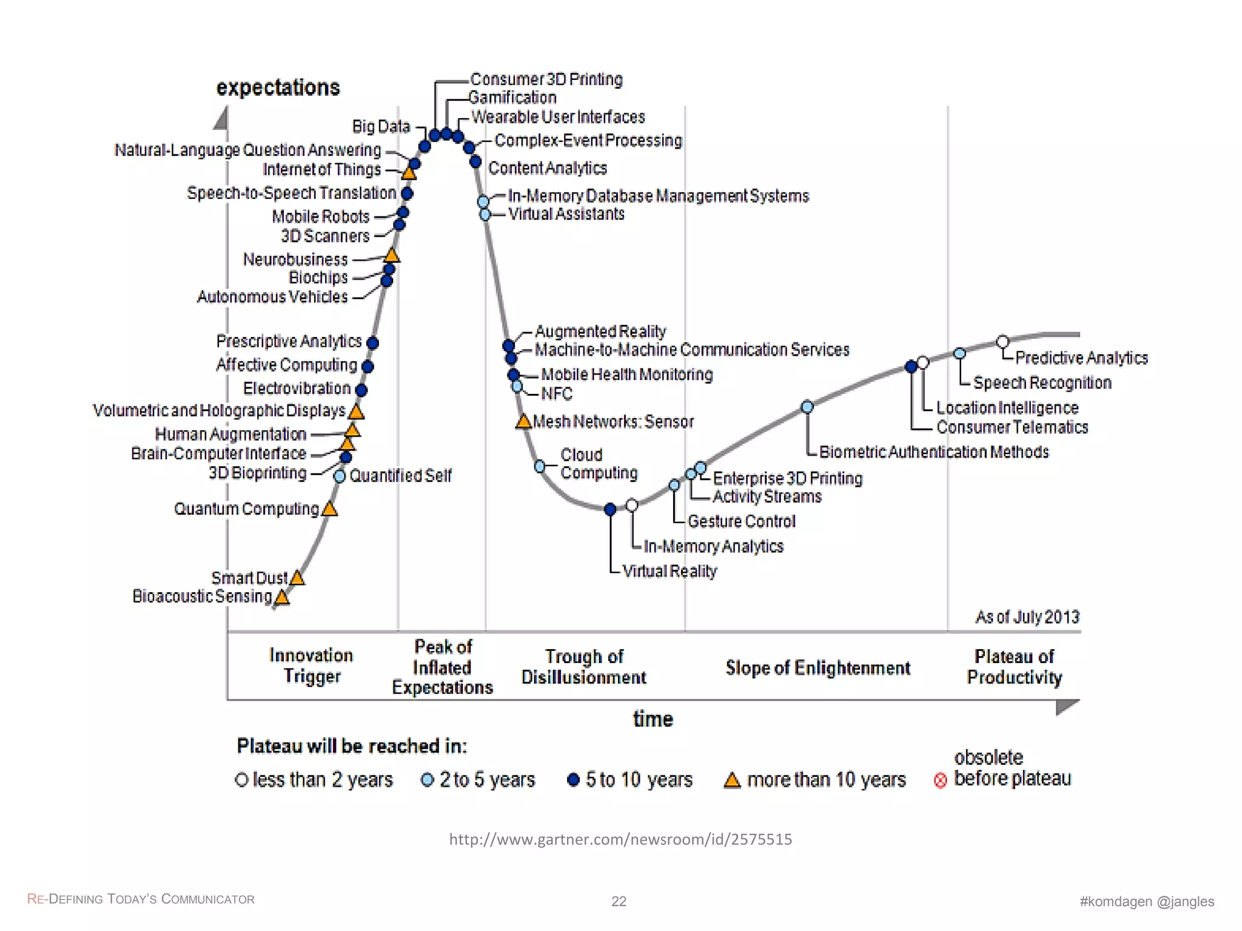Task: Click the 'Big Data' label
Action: (381, 127)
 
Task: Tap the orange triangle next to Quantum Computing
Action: (329, 509)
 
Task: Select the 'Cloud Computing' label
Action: (599, 464)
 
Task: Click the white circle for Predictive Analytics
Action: (1002, 342)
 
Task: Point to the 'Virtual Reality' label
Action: (670, 572)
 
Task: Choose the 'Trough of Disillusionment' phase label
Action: (583, 667)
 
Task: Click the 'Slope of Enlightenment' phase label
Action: (817, 668)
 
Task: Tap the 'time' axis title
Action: (653, 719)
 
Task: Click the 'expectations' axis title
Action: (278, 88)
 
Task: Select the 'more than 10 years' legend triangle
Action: (732, 781)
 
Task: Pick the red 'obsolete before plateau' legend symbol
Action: (940, 781)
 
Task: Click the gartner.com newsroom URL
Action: (620, 839)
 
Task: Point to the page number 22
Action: (619, 901)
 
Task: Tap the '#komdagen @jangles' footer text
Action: (1147, 901)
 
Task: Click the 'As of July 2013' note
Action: (1027, 617)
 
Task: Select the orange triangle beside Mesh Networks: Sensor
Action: (523, 422)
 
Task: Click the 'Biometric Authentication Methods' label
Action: (934, 452)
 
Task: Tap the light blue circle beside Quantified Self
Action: (340, 476)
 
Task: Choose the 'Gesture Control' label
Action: (741, 522)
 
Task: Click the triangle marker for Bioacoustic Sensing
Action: (282, 598)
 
